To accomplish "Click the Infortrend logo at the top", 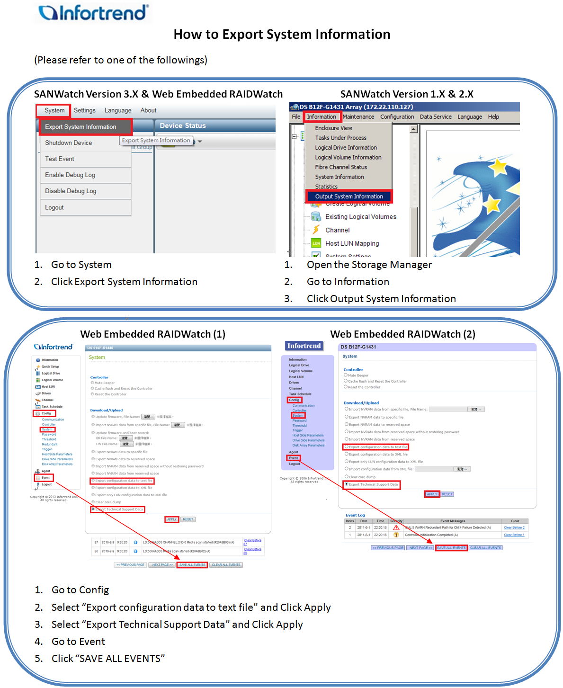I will click(x=93, y=13).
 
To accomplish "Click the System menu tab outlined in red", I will click(x=54, y=110).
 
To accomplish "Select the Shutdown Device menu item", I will click(x=69, y=143).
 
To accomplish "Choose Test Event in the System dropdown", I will click(x=60, y=159).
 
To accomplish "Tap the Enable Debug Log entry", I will click(x=70, y=175).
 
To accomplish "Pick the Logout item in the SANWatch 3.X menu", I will click(x=54, y=208).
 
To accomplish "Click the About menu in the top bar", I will click(x=148, y=110).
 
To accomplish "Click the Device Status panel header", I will click(x=183, y=126).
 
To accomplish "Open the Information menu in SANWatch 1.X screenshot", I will click(x=322, y=117).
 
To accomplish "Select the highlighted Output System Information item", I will click(x=349, y=197).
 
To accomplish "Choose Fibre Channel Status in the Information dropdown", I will click(x=341, y=167).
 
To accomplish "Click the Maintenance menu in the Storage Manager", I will click(x=358, y=117).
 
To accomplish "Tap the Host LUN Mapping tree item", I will click(x=352, y=244).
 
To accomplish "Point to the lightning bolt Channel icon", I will click(x=316, y=230).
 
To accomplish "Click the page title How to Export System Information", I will click(x=282, y=35).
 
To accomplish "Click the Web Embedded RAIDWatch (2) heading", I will click(x=402, y=334).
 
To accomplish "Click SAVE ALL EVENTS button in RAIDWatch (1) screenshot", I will click(x=192, y=565).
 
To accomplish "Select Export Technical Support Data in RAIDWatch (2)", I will click(x=373, y=484).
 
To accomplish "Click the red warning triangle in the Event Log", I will click(x=396, y=527).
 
